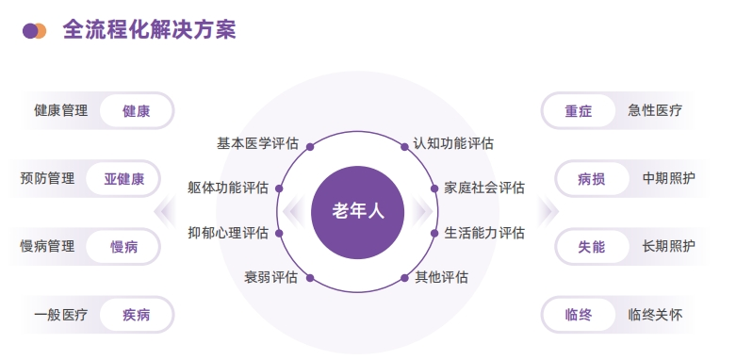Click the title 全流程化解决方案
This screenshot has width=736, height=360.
click(149, 30)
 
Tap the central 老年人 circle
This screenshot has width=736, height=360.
click(359, 211)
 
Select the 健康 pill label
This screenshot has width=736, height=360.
click(136, 111)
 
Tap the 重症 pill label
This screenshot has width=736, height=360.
click(579, 111)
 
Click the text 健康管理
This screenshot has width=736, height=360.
click(60, 111)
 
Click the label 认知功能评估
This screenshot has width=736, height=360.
click(453, 144)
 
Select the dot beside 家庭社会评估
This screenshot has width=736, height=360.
click(434, 188)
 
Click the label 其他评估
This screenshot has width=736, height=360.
click(442, 278)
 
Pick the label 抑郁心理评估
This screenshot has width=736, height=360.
click(228, 233)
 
